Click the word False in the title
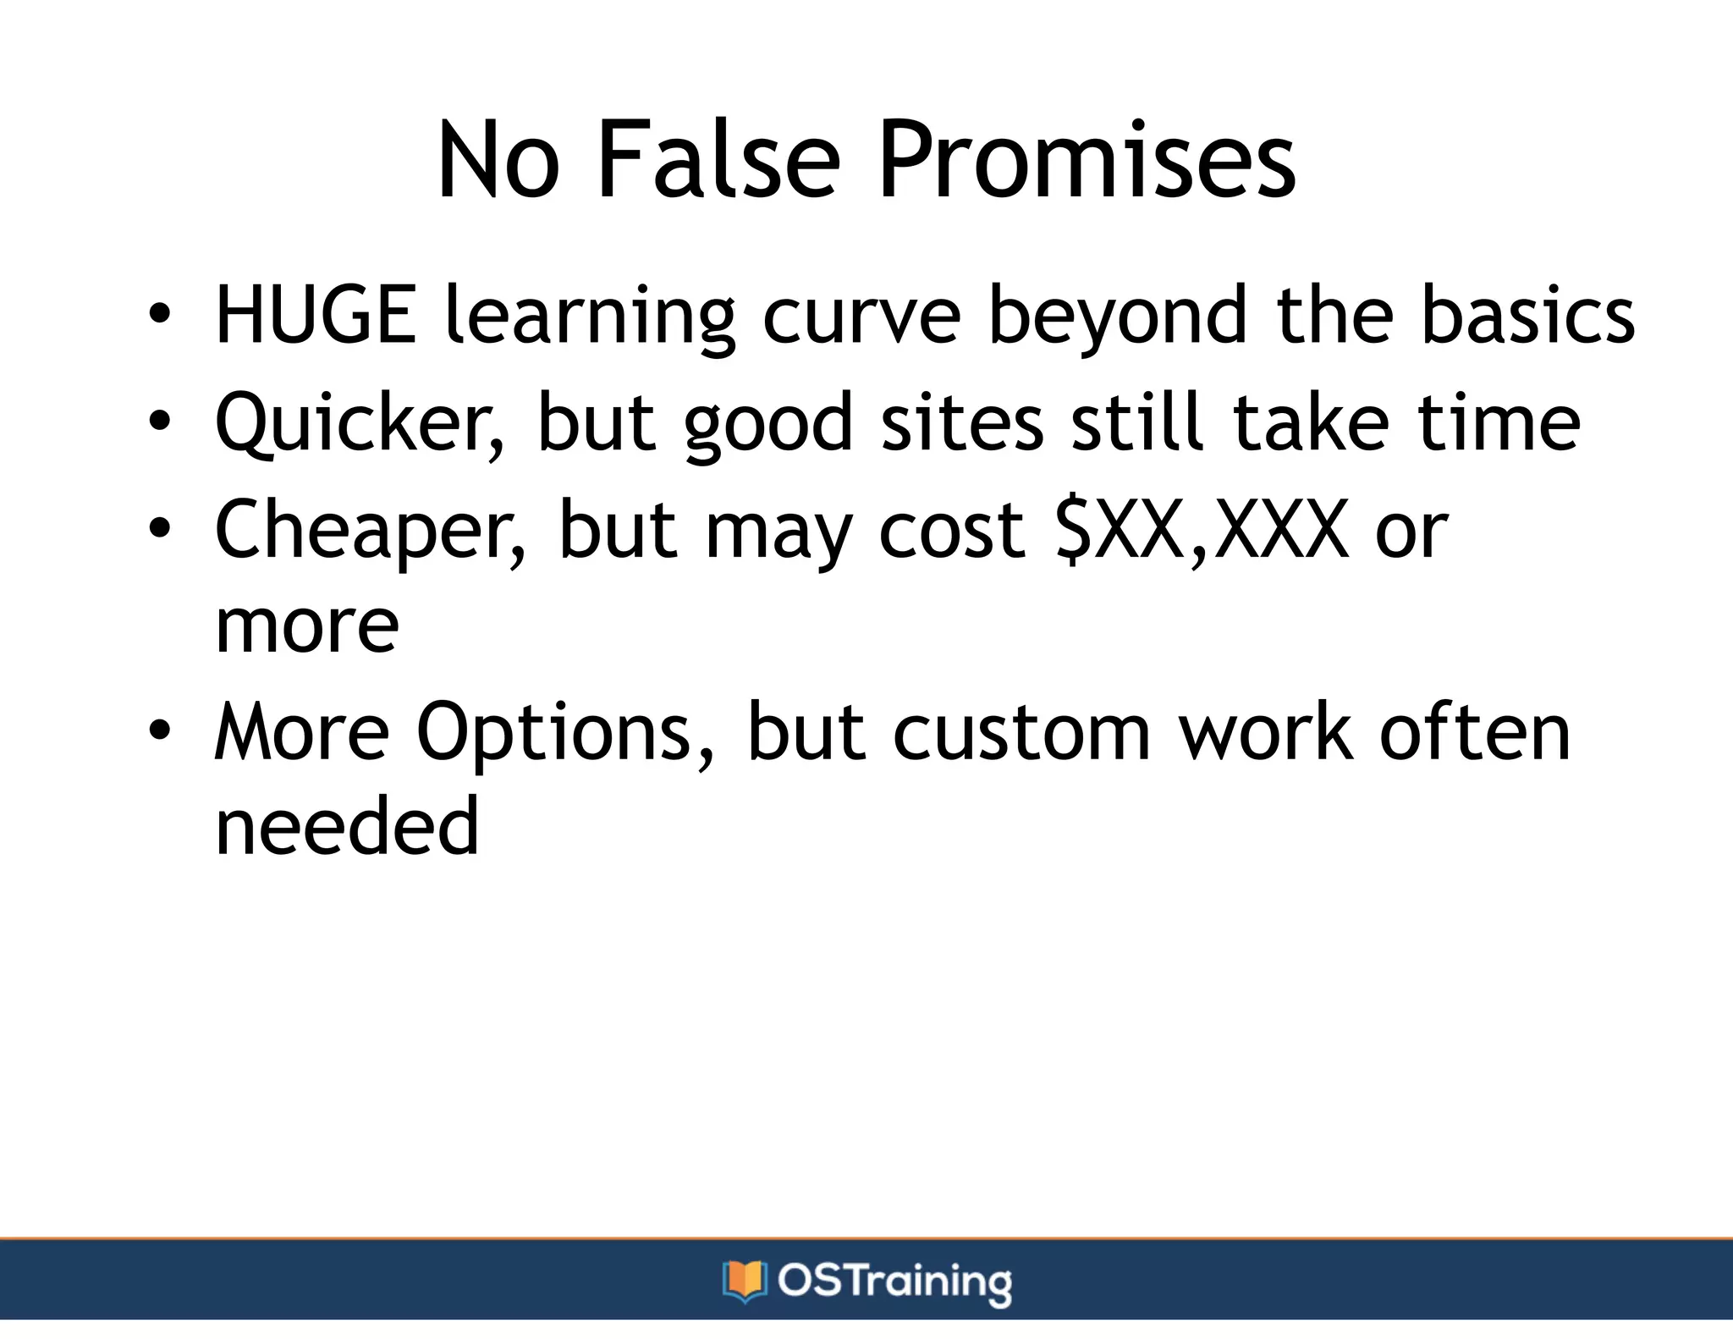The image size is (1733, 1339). (718, 160)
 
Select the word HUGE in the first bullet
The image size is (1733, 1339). (316, 315)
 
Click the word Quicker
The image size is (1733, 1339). (360, 423)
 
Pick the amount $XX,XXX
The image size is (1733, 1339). (1202, 532)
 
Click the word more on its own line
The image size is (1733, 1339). (306, 628)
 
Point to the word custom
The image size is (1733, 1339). (1021, 733)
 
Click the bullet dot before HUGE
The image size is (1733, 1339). (159, 317)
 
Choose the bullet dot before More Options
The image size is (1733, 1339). (159, 730)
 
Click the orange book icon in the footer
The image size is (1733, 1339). (744, 1281)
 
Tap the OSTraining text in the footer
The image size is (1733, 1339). (894, 1281)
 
